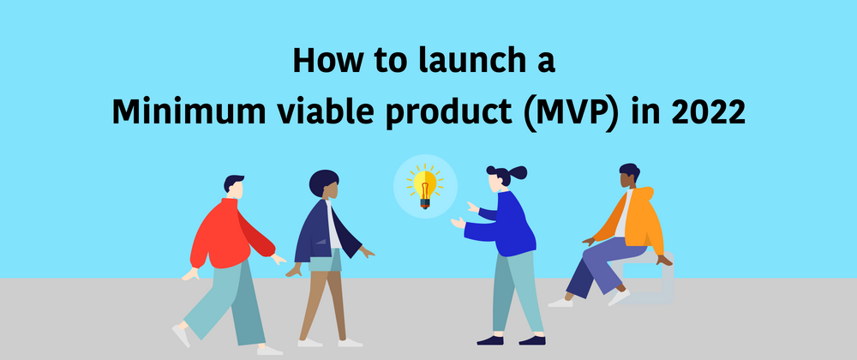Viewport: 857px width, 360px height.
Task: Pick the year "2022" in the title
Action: [x=709, y=111]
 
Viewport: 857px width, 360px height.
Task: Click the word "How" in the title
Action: [x=327, y=60]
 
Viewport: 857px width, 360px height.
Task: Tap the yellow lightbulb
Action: [x=425, y=187]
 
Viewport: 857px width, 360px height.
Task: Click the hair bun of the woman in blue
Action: [x=517, y=172]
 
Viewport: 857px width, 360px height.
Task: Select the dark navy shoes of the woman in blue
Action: [x=511, y=339]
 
